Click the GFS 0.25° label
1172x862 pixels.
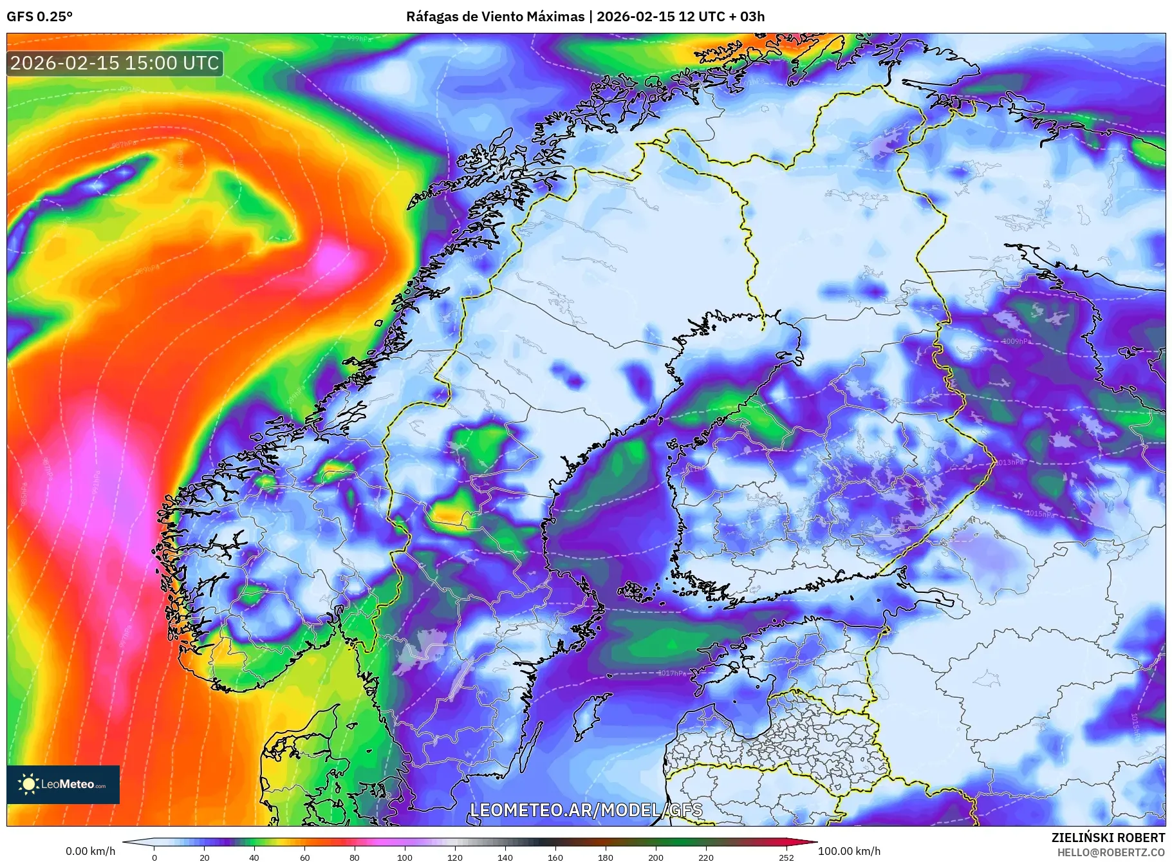[x=39, y=17]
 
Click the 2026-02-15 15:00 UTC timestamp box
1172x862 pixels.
[x=115, y=63]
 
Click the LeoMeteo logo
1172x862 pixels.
[x=63, y=784]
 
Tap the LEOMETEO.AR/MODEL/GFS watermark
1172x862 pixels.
[x=586, y=810]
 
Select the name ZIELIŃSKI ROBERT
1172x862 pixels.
[x=1108, y=838]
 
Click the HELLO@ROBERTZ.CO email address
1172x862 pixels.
[x=1110, y=852]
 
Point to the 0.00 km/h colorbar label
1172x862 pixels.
[x=90, y=851]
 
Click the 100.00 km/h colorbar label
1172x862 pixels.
[x=849, y=851]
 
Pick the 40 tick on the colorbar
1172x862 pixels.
[x=254, y=857]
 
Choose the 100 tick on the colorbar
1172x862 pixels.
[x=404, y=857]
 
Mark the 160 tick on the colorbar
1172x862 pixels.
[x=555, y=857]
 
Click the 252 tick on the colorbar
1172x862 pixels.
[x=786, y=857]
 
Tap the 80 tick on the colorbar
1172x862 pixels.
[x=355, y=857]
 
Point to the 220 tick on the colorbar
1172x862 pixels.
[x=706, y=857]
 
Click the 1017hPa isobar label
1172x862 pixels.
[x=671, y=673]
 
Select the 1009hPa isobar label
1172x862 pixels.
[x=1016, y=341]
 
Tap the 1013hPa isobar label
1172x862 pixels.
[x=1009, y=462]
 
